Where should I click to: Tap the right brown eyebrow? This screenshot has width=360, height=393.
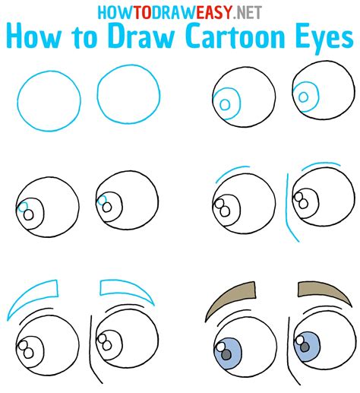click(x=318, y=289)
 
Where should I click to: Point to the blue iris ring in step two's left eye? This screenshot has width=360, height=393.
click(x=224, y=102)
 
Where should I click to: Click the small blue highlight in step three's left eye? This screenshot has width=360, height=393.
click(x=24, y=207)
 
